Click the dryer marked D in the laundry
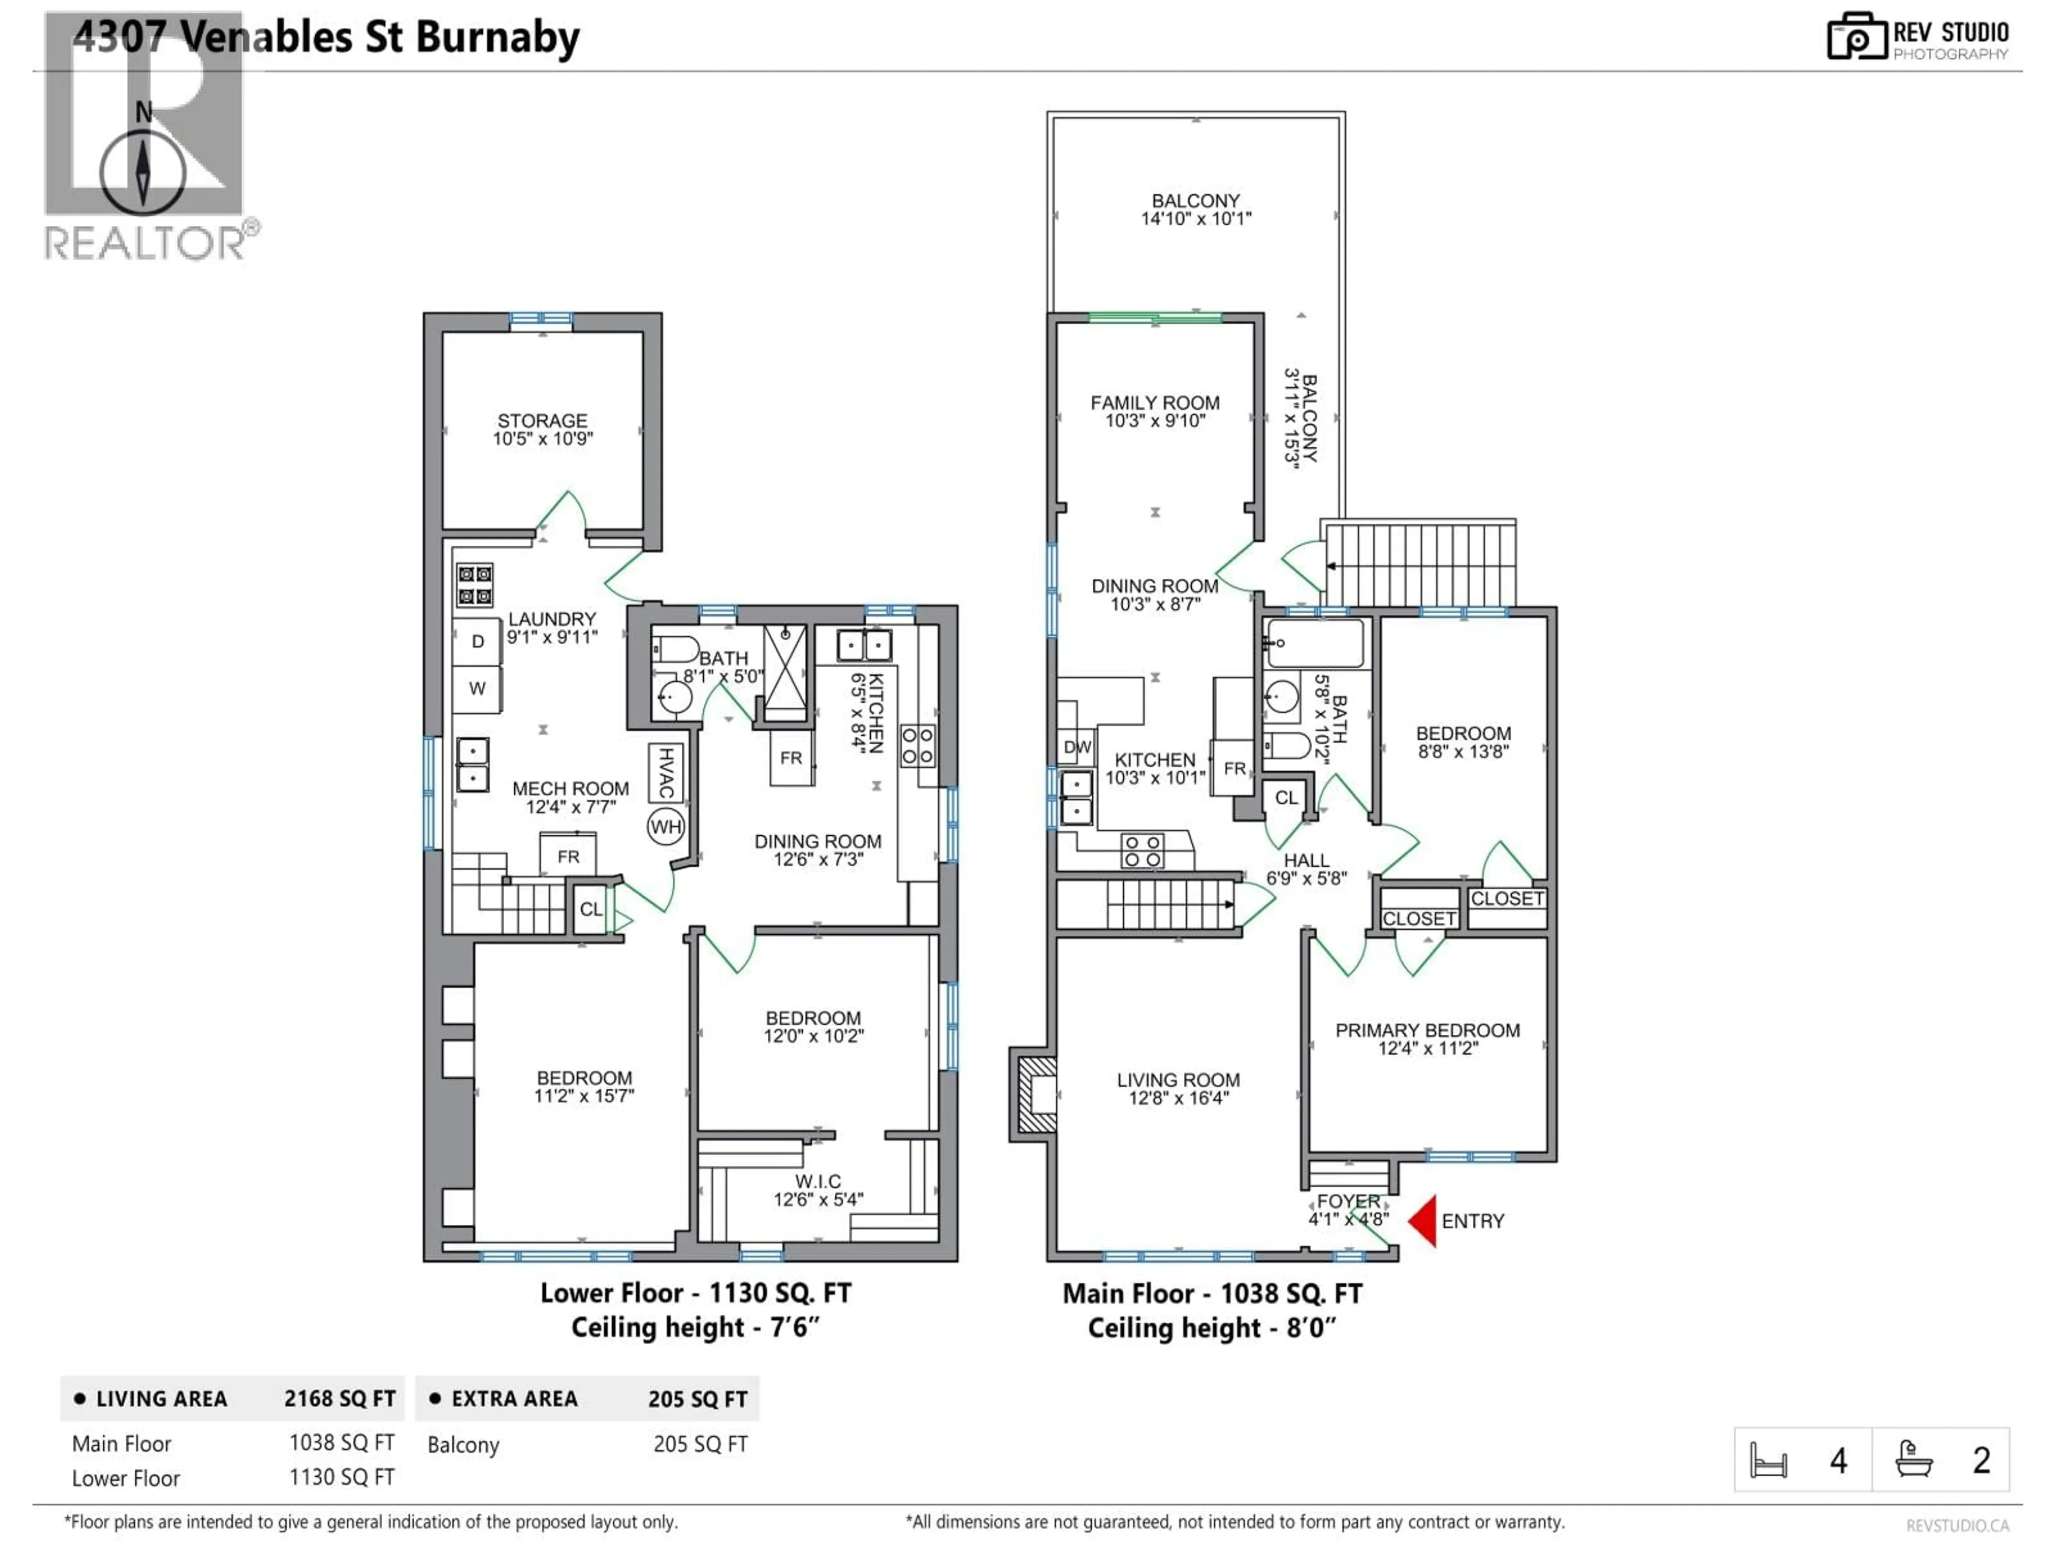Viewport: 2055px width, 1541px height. point(477,641)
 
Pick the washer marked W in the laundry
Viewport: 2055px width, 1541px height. point(477,688)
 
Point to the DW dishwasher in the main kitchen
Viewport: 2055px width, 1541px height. point(1077,747)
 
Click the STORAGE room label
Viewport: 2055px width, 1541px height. point(543,421)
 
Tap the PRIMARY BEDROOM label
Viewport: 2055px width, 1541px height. point(1427,1030)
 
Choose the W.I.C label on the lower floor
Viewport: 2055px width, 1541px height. point(818,1181)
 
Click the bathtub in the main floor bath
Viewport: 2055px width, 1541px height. point(1314,643)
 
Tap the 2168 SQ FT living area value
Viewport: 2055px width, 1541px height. point(340,1399)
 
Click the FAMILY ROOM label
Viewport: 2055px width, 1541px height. point(1155,403)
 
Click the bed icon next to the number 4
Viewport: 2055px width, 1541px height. point(1768,1460)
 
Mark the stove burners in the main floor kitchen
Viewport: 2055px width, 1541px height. point(1142,851)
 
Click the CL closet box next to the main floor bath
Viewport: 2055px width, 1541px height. point(1286,798)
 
